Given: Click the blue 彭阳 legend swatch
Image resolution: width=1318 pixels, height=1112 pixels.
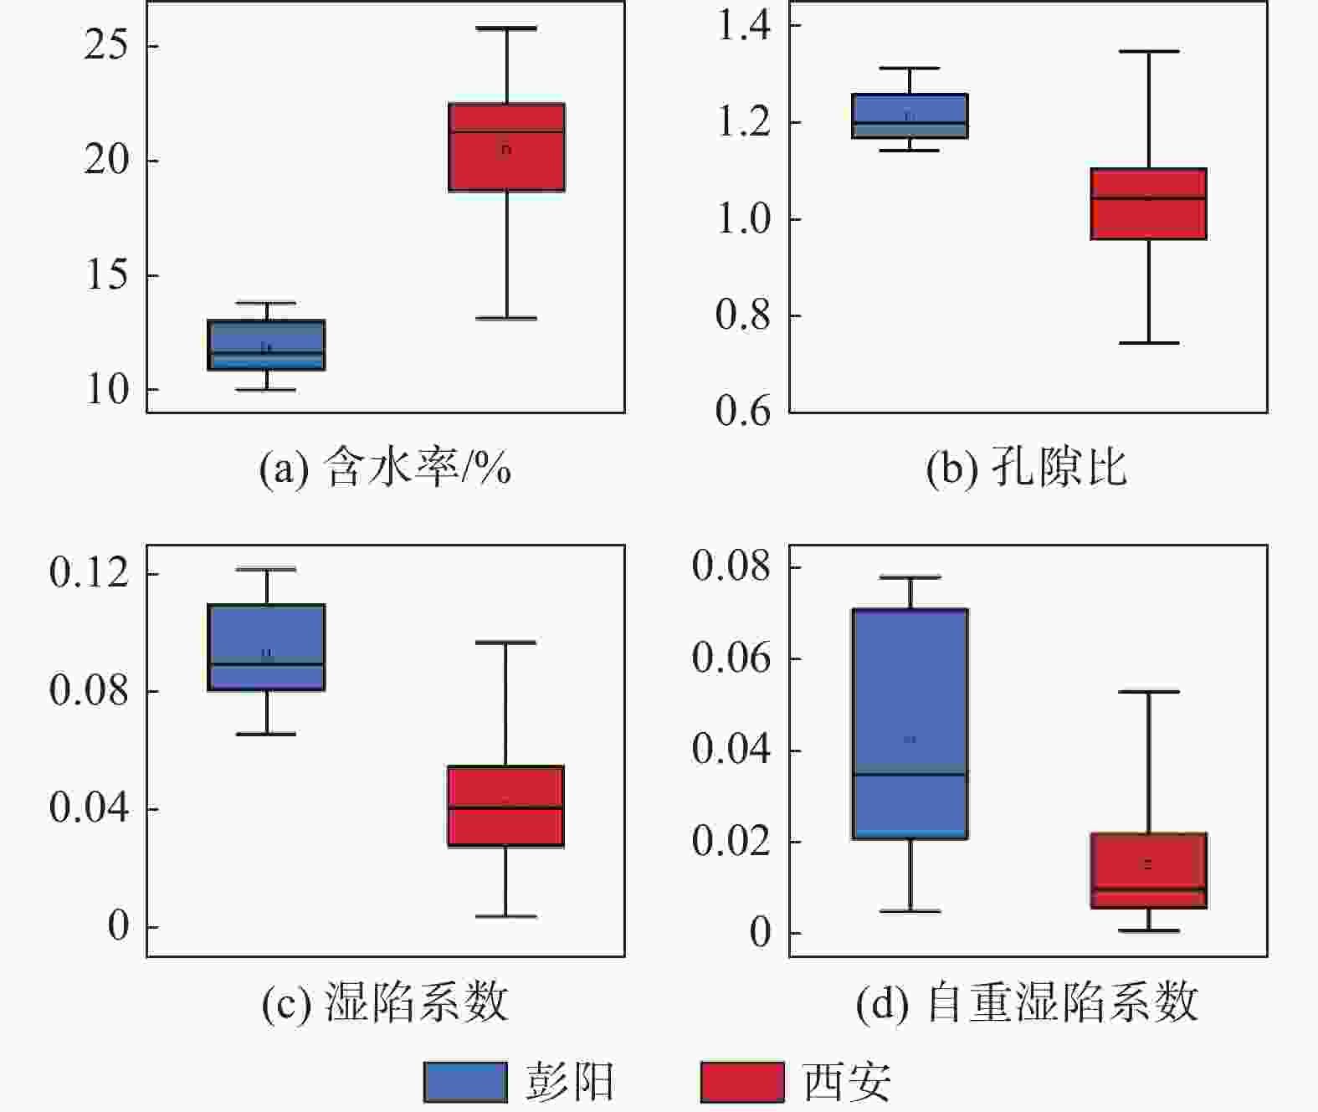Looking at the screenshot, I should (465, 1082).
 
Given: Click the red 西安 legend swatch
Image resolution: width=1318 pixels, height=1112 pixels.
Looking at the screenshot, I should (742, 1082).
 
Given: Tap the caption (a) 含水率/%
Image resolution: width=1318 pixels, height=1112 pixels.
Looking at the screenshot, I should (385, 467).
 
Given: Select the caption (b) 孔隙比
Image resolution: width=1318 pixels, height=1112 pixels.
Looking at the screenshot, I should (1026, 467).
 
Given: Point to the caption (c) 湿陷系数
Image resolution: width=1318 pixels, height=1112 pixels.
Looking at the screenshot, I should (385, 1002).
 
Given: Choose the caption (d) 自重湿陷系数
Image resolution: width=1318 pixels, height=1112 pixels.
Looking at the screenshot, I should (1027, 1002).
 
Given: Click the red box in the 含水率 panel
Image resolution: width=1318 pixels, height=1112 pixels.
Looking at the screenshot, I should (506, 147).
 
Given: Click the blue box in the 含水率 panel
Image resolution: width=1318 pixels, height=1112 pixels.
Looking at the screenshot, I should (266, 345).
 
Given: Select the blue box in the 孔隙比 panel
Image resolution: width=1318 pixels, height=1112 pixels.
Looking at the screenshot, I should (910, 115).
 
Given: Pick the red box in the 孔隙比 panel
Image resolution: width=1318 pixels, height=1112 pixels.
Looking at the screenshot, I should (1148, 204).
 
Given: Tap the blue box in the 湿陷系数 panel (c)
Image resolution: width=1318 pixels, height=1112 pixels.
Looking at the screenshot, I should (266, 647).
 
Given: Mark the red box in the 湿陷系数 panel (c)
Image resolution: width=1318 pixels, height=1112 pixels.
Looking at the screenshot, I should (505, 806).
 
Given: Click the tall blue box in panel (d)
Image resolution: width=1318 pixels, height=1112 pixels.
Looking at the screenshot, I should (910, 724).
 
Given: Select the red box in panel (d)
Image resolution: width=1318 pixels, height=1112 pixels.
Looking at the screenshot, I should (1148, 870).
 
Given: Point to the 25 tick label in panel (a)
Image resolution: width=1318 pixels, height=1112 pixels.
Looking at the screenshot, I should (106, 44).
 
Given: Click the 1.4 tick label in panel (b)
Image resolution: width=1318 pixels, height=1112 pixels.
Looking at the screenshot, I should (745, 25).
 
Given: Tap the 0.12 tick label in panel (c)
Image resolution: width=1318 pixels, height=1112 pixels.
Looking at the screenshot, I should (90, 573).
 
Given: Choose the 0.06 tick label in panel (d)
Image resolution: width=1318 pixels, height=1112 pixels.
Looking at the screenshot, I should (731, 658).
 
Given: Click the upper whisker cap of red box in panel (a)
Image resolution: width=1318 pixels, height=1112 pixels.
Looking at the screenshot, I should (506, 28).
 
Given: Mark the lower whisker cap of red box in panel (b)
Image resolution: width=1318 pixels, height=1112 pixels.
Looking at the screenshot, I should (1148, 343).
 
